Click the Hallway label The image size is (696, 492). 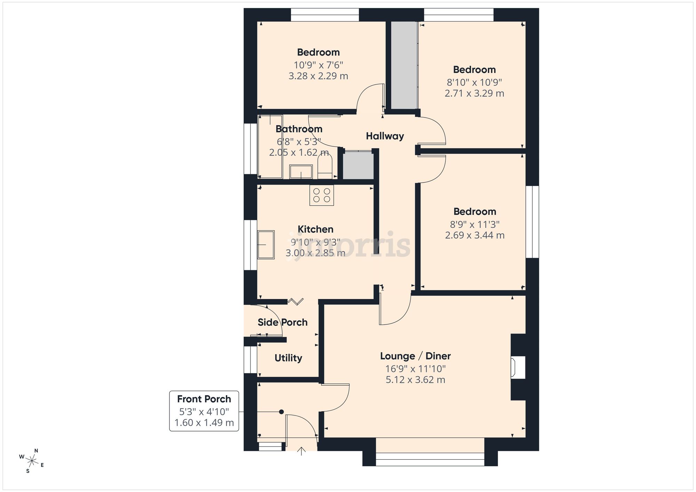click(x=385, y=136)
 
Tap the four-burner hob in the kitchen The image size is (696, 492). click(x=322, y=195)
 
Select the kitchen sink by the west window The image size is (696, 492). click(x=266, y=244)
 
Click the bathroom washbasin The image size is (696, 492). click(x=301, y=172)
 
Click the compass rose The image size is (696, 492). click(x=32, y=461)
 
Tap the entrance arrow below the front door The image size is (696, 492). click(x=301, y=451)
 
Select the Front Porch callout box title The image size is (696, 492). click(x=204, y=399)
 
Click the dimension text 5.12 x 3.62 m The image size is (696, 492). click(x=415, y=380)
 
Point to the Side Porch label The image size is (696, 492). click(x=283, y=322)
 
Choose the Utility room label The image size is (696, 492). click(x=288, y=358)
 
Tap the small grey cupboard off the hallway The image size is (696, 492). click(x=358, y=165)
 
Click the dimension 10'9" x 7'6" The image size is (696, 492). click(x=318, y=65)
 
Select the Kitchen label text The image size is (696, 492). click(x=315, y=229)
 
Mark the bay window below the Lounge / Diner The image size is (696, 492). click(x=430, y=459)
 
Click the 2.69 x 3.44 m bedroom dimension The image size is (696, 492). click(x=475, y=235)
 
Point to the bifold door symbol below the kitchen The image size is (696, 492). click(x=296, y=301)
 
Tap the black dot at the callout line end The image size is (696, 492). click(x=281, y=412)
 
